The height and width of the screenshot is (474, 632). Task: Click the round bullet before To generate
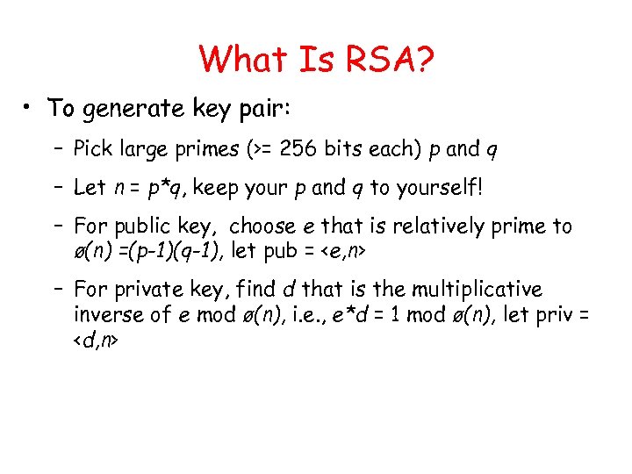29,107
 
